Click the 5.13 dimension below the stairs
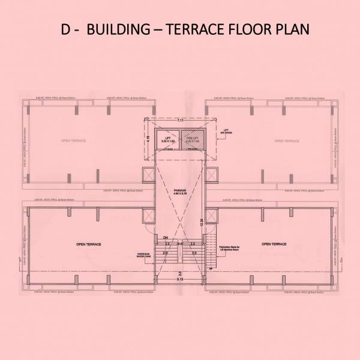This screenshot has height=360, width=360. [x=179, y=280]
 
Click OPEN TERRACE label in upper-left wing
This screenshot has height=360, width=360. [x=73, y=140]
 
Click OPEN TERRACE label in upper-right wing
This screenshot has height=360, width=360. [x=286, y=140]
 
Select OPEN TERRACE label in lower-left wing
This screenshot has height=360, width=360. [x=88, y=245]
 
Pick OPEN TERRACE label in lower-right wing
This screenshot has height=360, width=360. [x=274, y=244]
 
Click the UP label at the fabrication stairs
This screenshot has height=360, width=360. [x=211, y=268]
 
